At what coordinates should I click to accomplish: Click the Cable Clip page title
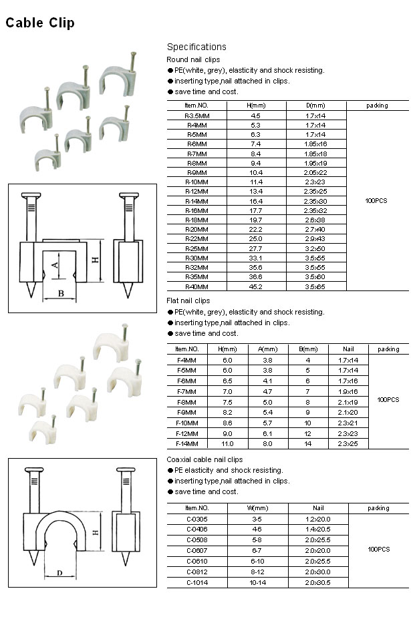tap(40, 23)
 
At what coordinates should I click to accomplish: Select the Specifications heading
tap(196, 47)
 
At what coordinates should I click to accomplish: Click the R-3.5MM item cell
tap(196, 116)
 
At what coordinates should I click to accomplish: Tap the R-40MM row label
tap(196, 286)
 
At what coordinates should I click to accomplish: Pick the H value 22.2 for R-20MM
tap(256, 229)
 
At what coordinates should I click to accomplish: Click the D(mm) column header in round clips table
tap(315, 106)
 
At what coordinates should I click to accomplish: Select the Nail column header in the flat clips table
tap(348, 349)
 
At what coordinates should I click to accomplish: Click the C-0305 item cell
tap(196, 518)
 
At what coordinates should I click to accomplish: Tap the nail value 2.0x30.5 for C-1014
tap(317, 582)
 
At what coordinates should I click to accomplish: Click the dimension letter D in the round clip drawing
tap(59, 572)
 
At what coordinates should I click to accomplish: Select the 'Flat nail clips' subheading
tap(188, 301)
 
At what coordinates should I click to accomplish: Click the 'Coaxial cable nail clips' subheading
tap(204, 459)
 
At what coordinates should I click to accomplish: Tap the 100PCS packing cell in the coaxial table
tap(378, 550)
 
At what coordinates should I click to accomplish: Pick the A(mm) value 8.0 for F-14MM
tap(267, 443)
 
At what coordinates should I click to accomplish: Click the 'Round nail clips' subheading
tap(193, 59)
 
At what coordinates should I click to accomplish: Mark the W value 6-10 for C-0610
tap(258, 561)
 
